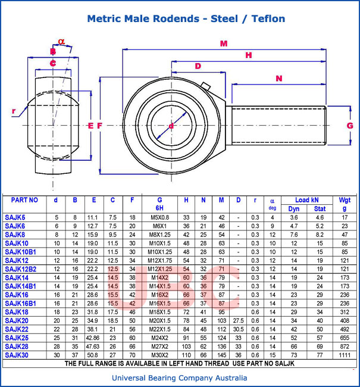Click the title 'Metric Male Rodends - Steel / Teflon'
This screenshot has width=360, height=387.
pyautogui.click(x=186, y=18)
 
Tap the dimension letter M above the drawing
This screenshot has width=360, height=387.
pyautogui.click(x=224, y=43)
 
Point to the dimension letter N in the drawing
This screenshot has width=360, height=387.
pyautogui.click(x=278, y=79)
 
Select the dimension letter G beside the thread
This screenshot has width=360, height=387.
pyautogui.click(x=350, y=125)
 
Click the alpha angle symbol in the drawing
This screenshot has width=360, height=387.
pyautogui.click(x=61, y=41)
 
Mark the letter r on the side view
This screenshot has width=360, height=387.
pyautogui.click(x=14, y=111)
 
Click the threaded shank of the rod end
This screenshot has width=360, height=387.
pyautogui.click(x=278, y=125)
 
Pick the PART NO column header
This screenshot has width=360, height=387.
pyautogui.click(x=24, y=200)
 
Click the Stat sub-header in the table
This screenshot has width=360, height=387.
pyautogui.click(x=320, y=208)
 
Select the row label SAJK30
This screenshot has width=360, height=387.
pyautogui.click(x=17, y=355)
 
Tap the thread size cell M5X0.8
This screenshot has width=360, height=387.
pyautogui.click(x=159, y=217)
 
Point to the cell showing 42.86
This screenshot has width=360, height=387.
pyautogui.click(x=93, y=338)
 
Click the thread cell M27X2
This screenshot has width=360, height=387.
pyautogui.click(x=159, y=347)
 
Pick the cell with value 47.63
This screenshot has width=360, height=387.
pyautogui.click(x=93, y=347)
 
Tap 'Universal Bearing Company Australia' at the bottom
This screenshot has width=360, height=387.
pyautogui.click(x=180, y=377)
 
